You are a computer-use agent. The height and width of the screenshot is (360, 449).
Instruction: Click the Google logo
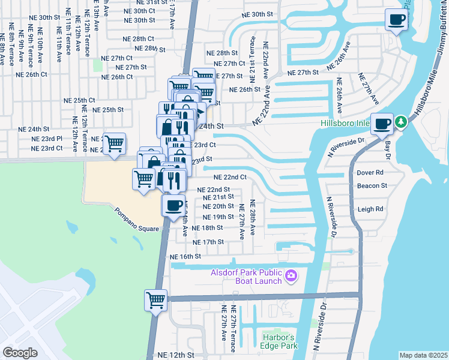(x=20, y=353)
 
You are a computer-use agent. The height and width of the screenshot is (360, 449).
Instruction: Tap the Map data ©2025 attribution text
(x=423, y=355)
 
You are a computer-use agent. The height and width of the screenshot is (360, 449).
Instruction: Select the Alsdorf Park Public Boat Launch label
(x=246, y=277)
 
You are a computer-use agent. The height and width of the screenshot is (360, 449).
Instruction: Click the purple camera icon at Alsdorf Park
(x=292, y=276)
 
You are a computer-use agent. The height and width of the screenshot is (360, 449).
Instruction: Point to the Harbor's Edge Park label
(x=280, y=341)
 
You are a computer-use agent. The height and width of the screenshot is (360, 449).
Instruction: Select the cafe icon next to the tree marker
(x=382, y=125)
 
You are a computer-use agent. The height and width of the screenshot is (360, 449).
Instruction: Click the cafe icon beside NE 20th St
(x=173, y=205)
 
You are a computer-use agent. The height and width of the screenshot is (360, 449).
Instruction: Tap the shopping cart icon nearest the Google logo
(x=155, y=299)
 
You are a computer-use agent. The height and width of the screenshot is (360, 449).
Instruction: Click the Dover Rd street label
(x=370, y=172)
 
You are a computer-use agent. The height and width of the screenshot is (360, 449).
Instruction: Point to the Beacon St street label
(x=372, y=186)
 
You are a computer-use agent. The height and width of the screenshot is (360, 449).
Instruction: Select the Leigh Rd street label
(x=370, y=209)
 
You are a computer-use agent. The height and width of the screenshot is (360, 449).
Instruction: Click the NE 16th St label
(x=185, y=256)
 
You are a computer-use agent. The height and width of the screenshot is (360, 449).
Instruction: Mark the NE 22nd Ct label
(x=231, y=177)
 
